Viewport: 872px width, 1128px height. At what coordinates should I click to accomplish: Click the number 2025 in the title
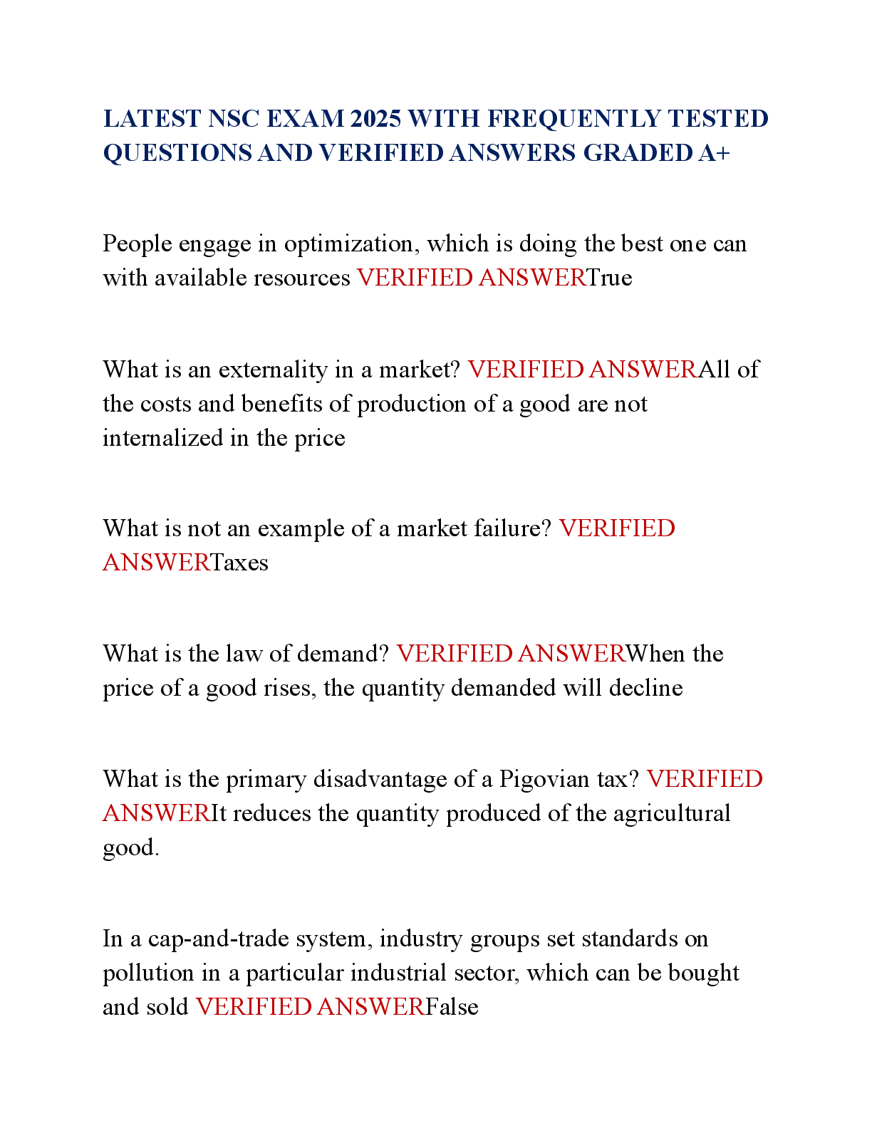coord(375,119)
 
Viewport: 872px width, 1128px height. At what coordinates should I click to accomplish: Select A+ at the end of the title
coord(714,153)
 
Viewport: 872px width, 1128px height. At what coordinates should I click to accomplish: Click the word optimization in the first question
coord(351,244)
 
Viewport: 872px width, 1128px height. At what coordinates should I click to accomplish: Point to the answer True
coord(609,278)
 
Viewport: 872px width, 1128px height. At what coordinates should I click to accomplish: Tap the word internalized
coord(162,438)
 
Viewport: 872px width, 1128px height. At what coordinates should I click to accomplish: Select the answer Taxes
coord(239,562)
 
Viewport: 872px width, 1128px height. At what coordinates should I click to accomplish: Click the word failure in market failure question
coord(513,528)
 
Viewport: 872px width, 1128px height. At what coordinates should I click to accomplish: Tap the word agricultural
coord(672,814)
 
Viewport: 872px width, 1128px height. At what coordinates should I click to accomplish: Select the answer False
coord(452,1007)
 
